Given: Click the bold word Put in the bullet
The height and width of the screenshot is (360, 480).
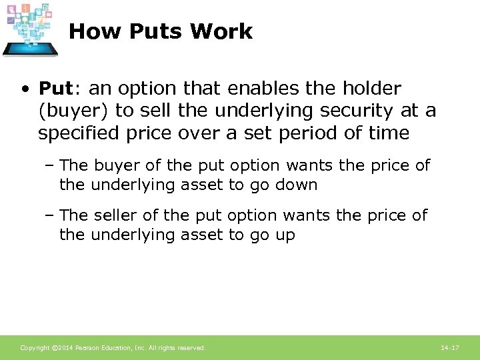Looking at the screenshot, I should pyautogui.click(x=54, y=88).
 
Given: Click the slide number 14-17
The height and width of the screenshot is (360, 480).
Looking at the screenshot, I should pyautogui.click(x=450, y=348).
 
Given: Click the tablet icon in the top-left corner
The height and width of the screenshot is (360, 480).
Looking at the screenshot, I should pyautogui.click(x=31, y=30).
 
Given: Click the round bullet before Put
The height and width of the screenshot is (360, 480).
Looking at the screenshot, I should pyautogui.click(x=25, y=89).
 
